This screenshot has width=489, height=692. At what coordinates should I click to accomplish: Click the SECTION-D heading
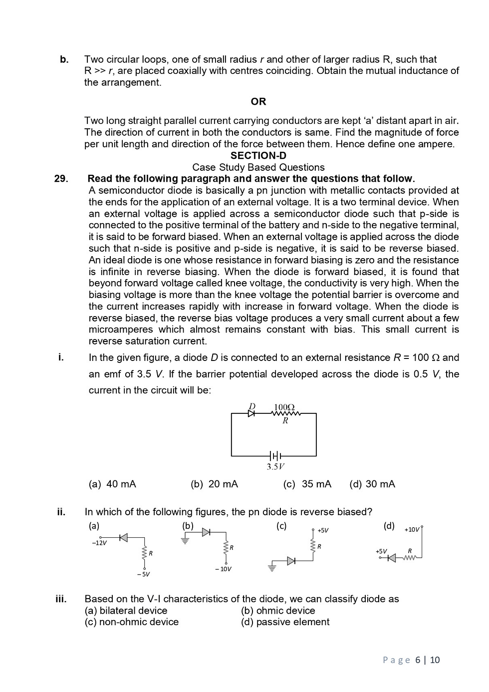(258, 156)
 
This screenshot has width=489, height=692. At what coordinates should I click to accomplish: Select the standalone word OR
(258, 102)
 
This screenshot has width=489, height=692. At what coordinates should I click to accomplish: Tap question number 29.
(61, 179)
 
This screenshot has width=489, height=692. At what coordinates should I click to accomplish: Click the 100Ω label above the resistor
(284, 407)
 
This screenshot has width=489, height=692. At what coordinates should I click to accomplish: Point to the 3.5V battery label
(275, 467)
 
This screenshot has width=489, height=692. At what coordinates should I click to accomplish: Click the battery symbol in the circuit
(275, 456)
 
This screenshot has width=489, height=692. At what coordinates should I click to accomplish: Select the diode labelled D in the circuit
(252, 413)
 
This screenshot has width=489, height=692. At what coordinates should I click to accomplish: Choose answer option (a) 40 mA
(112, 484)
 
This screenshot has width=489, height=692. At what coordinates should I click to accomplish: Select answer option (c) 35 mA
(307, 484)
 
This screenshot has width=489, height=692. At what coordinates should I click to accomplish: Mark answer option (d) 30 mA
(372, 484)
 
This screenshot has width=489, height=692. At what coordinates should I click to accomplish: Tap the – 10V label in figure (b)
(223, 569)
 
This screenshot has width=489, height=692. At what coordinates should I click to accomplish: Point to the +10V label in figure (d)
(412, 529)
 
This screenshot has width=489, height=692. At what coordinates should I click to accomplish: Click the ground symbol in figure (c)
(272, 568)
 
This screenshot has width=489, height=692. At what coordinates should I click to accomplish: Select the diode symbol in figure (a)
(123, 537)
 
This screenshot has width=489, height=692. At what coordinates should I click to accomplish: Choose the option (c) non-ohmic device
(132, 622)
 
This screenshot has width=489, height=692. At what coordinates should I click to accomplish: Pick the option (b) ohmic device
(278, 611)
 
